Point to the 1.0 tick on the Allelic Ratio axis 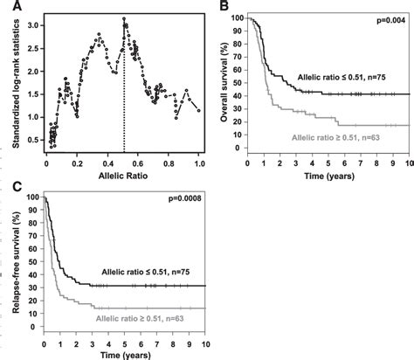(199, 162)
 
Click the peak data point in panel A (124, 18)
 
